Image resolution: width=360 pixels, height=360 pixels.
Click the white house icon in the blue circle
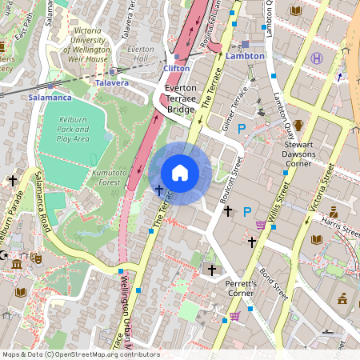coord(180,172)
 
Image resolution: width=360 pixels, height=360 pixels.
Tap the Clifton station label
coord(177,68)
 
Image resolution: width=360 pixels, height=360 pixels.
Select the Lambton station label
coord(244,57)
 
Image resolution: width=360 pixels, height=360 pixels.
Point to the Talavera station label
coord(111,82)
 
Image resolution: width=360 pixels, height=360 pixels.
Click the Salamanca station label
coord(50,97)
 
